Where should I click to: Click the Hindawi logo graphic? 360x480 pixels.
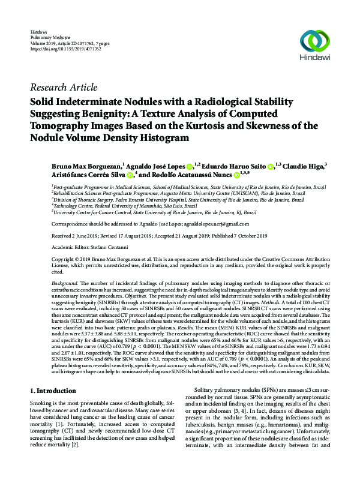tap(314, 41)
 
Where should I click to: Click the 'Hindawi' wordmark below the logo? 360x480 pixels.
tap(314, 59)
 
